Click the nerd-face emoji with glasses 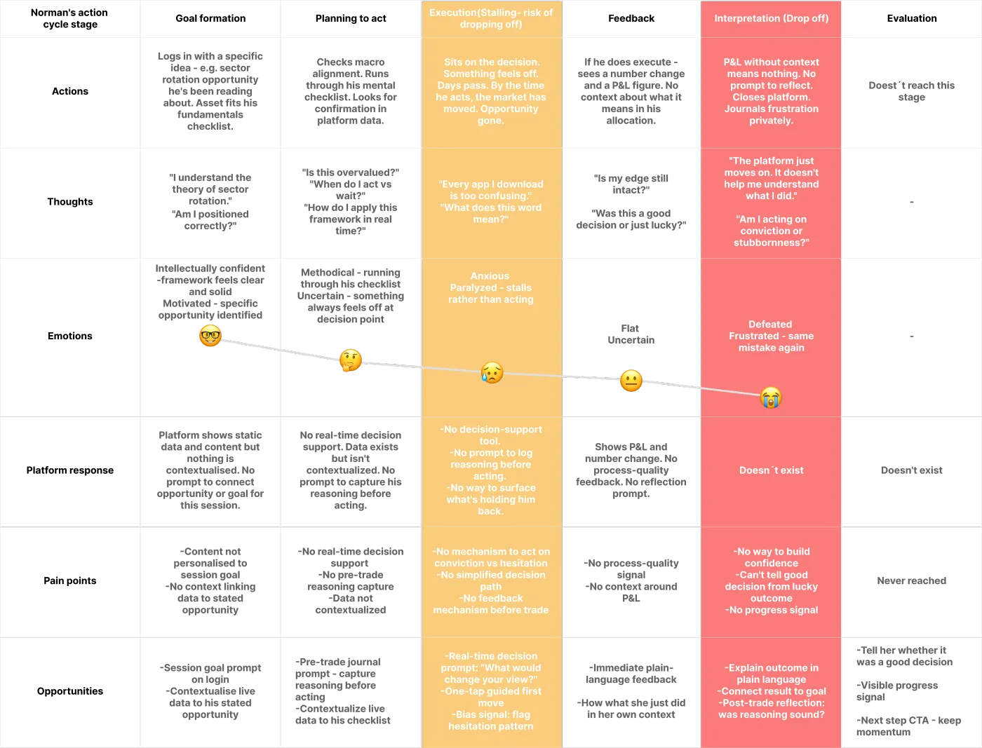click(x=210, y=335)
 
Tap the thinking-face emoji click(x=350, y=360)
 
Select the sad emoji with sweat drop click(x=492, y=372)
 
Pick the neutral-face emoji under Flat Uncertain click(x=631, y=381)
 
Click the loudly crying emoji click(x=771, y=397)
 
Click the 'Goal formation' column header click(x=210, y=18)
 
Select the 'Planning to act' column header click(x=351, y=18)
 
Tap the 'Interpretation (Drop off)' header click(x=772, y=18)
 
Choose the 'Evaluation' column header click(x=912, y=18)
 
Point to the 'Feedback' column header click(x=631, y=18)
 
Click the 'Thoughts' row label click(x=70, y=202)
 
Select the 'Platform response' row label click(x=70, y=470)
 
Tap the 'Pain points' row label click(x=70, y=580)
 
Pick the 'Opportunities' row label click(x=70, y=691)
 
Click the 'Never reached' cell click(x=912, y=580)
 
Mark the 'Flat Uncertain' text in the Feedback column click(x=631, y=334)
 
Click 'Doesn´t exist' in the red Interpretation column click(x=772, y=470)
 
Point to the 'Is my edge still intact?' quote click(x=631, y=184)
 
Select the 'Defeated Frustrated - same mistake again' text click(x=772, y=336)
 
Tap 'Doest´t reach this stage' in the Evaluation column click(x=912, y=91)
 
